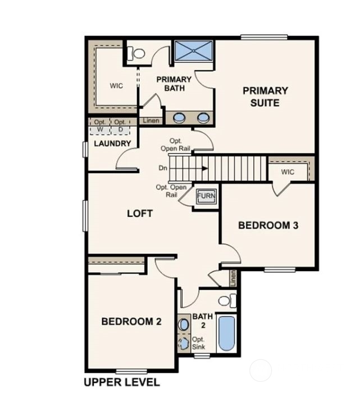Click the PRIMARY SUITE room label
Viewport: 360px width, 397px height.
pos(265,96)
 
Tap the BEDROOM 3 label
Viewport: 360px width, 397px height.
pos(268,225)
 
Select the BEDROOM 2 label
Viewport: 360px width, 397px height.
pos(131,322)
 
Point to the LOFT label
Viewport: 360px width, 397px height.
pos(140,214)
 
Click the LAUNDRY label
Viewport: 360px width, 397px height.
pos(112,143)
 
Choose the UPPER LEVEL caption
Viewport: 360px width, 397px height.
pos(121,382)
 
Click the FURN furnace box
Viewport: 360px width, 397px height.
pos(205,197)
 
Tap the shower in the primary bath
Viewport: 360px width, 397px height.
pos(194,51)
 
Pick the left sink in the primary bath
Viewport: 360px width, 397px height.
pos(180,118)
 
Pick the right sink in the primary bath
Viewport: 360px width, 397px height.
pos(203,118)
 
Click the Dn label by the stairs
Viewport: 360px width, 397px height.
pos(163,168)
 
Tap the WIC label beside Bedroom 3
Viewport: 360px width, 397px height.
pos(288,172)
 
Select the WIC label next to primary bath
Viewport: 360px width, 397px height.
pos(116,86)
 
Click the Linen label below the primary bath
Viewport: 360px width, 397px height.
pos(151,120)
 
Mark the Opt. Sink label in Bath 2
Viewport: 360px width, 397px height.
pos(199,343)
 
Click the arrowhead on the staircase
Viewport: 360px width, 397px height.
pos(206,168)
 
